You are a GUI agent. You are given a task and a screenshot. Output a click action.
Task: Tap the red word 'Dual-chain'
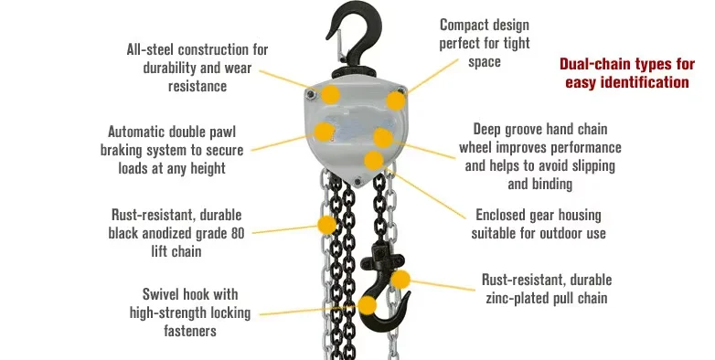click(593, 65)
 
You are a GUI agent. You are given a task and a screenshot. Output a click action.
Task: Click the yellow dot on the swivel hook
click(367, 305)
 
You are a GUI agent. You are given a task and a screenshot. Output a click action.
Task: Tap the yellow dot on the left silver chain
click(326, 224)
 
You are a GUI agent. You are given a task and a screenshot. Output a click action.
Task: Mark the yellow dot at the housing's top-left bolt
click(330, 94)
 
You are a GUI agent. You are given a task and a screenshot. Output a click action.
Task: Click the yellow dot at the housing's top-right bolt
click(396, 100)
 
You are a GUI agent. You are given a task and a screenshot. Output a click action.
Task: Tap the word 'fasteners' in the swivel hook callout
click(186, 331)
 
